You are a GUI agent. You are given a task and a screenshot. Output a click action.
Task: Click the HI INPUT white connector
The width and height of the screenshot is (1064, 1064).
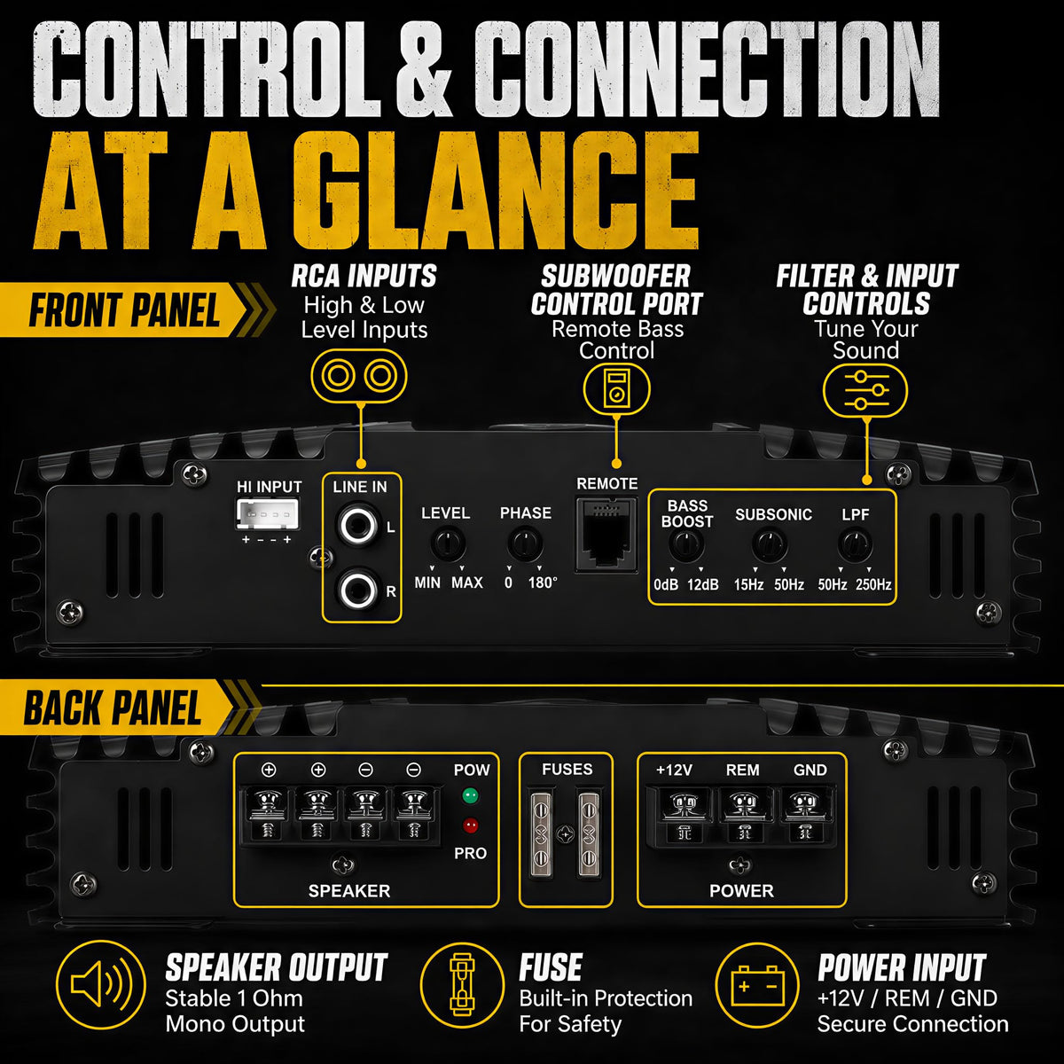[269, 513]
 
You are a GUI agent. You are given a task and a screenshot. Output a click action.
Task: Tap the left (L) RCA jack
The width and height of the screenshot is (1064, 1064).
[358, 525]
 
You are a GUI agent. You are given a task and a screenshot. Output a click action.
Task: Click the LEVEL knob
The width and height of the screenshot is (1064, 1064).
[447, 543]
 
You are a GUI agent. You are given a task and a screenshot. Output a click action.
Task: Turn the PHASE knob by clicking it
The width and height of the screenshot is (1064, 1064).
[525, 543]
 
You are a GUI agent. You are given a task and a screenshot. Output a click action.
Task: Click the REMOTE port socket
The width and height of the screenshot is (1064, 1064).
[606, 534]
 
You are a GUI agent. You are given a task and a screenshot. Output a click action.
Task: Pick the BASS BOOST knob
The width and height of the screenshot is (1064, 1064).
[686, 545]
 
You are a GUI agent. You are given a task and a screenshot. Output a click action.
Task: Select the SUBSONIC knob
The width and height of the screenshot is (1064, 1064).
[769, 545]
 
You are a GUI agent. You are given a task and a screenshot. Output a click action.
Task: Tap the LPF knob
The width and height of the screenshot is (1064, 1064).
[856, 545]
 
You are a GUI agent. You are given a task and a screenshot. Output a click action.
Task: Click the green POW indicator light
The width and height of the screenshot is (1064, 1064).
[470, 795]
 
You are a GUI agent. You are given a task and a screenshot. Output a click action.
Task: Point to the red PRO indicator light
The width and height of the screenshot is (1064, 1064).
[470, 825]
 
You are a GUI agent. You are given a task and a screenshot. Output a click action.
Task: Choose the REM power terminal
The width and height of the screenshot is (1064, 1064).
[744, 814]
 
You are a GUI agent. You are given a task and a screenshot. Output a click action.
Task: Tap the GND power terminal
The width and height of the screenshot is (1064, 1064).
[804, 814]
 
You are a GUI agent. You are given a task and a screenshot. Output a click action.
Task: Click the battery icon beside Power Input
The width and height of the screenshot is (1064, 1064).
[757, 987]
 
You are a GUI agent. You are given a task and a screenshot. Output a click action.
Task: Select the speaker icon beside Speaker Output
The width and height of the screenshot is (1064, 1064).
[100, 985]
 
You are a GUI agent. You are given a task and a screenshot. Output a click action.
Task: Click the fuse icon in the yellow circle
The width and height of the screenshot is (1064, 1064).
[462, 985]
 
